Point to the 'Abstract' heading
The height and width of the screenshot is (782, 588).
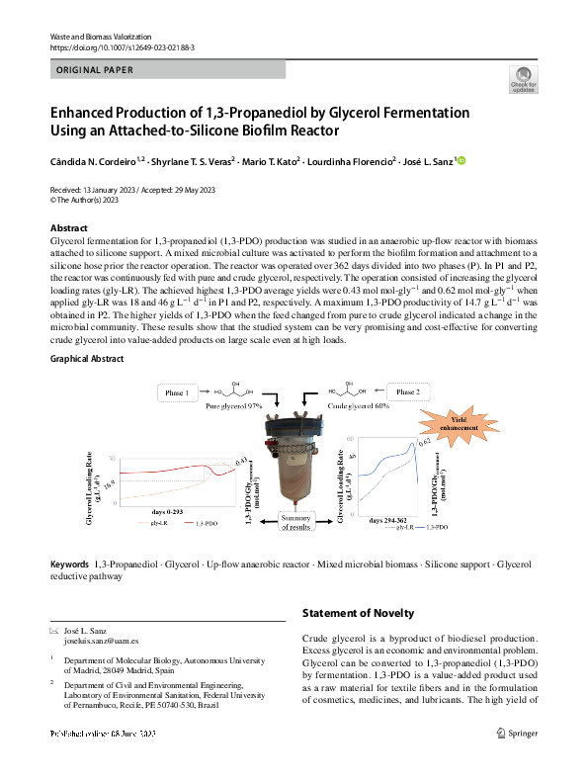pos(68,228)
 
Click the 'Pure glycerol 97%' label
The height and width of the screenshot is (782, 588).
pos(234,406)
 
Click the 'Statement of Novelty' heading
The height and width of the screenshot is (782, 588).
pos(358,614)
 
